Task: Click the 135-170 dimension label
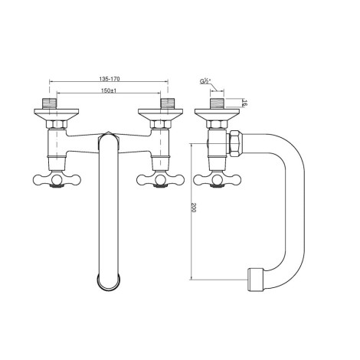click(110, 79)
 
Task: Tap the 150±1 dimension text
click(109, 90)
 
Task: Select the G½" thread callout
click(205, 81)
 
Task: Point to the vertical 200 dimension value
click(193, 208)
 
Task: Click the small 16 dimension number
click(244, 103)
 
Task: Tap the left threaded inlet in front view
click(49, 103)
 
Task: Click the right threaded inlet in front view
click(168, 103)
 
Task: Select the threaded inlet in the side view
click(217, 103)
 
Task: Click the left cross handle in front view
click(57, 180)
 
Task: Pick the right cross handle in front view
click(160, 180)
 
